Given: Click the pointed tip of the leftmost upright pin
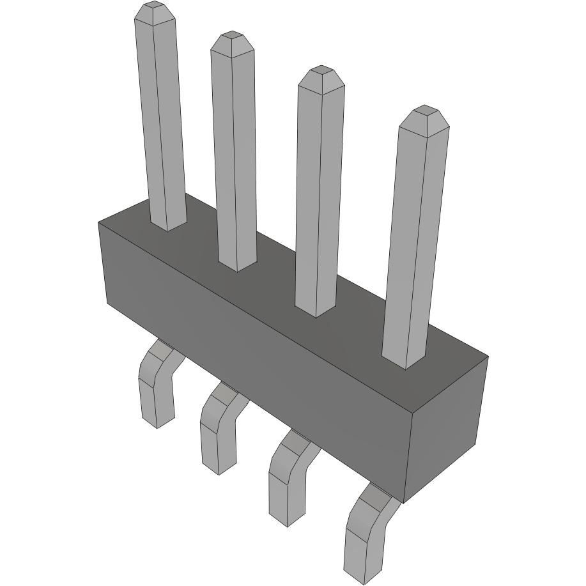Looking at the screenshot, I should click(155, 11).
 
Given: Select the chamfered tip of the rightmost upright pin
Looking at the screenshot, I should click(424, 116).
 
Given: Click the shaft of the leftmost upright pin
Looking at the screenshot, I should click(161, 121).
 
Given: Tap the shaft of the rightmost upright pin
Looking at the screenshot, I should click(414, 243).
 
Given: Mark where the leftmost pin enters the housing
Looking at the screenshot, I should click(168, 225).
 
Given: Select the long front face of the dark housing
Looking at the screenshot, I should click(256, 358).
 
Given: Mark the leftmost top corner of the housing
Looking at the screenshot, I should click(98, 222).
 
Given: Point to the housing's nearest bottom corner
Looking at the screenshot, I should click(404, 502).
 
